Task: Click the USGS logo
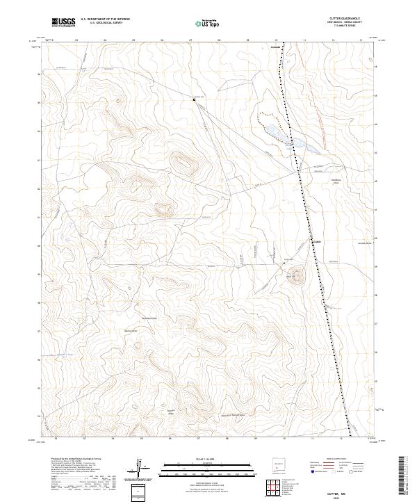pos(64,23)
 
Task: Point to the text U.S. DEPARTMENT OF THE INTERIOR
pos(106,20)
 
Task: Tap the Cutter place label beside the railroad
pos(317,242)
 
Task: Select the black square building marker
pos(195,100)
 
